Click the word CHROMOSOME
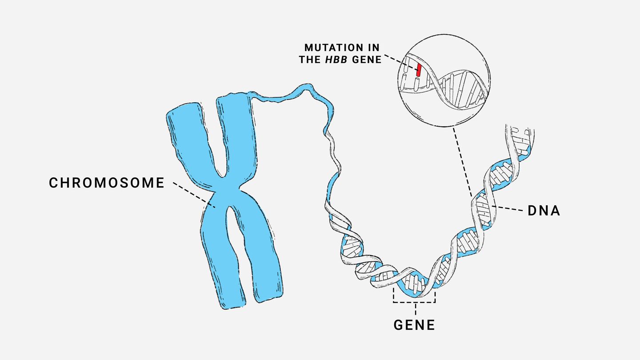107,183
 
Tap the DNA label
544,211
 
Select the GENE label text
414,325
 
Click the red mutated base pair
419,69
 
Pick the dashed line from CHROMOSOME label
194,195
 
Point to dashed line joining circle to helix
463,162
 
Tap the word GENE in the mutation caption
367,60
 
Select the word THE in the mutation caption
310,60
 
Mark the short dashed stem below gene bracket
416,309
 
